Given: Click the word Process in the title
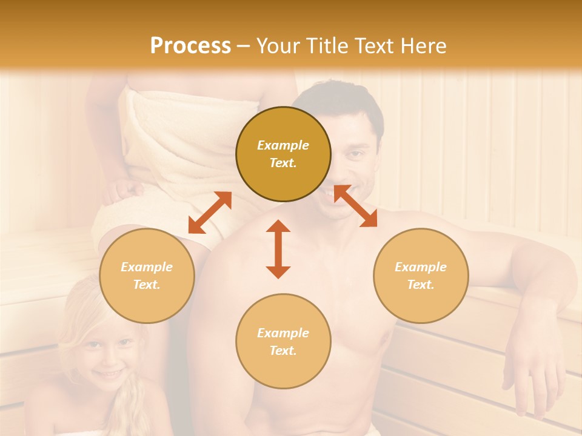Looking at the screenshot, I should pyautogui.click(x=190, y=46).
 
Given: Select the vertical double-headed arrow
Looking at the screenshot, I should pyautogui.click(x=278, y=249).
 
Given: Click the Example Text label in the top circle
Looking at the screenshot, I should pyautogui.click(x=283, y=154).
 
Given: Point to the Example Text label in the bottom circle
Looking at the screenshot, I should pyautogui.click(x=283, y=342).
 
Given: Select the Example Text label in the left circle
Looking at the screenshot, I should pyautogui.click(x=147, y=276).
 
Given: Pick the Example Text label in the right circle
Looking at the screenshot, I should pyautogui.click(x=421, y=276).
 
